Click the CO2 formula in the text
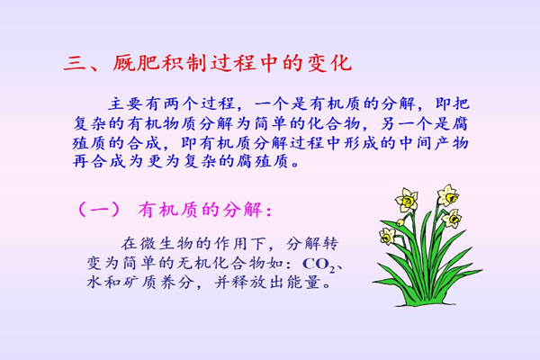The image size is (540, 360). pos(319,265)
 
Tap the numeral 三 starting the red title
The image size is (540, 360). pos(75,64)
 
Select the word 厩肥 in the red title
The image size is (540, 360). pos(136,63)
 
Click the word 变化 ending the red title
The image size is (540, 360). pos(328,63)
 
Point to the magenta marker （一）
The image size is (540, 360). pos(99,210)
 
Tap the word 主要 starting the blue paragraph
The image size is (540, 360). pos(125,103)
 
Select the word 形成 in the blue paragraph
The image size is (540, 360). pos(361,143)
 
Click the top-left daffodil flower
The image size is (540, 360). pos(407,200)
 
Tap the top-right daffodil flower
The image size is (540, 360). pos(448,195)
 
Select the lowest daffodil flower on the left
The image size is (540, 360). pos(387,236)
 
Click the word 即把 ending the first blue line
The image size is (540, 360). pos(451,103)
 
